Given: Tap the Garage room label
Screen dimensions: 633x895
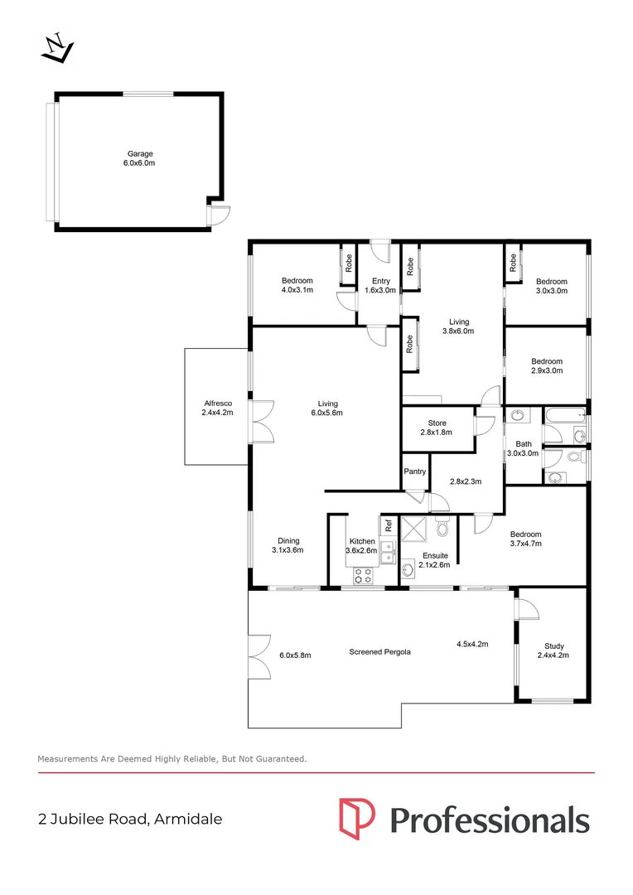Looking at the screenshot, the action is [x=140, y=158].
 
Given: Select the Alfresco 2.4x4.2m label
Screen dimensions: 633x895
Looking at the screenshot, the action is [x=217, y=408].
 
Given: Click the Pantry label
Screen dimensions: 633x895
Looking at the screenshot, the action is [x=415, y=472].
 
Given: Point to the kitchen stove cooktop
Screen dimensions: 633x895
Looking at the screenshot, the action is [x=363, y=575].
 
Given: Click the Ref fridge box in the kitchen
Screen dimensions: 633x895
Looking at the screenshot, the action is [x=389, y=525].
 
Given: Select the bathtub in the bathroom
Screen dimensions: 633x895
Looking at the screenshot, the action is [x=565, y=416].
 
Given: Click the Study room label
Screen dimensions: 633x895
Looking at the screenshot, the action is [x=553, y=651].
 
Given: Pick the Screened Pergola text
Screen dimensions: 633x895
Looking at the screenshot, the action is [x=380, y=652].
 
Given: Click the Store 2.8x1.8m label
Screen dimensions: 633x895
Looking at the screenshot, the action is [x=437, y=428].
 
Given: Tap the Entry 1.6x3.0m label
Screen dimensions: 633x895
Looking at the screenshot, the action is [x=381, y=285].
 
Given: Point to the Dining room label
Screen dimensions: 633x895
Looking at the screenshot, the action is [x=288, y=545].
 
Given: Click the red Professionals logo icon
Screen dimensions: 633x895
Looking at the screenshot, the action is [x=357, y=819].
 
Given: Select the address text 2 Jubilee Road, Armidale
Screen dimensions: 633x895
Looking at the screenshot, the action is [x=130, y=819].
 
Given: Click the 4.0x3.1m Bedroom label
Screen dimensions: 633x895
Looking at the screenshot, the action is [x=297, y=285].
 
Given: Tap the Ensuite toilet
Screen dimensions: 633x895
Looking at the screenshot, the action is [x=443, y=525].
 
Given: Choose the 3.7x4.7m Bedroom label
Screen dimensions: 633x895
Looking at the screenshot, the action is [x=525, y=539].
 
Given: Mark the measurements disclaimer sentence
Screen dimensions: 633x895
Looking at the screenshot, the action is [x=172, y=758].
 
